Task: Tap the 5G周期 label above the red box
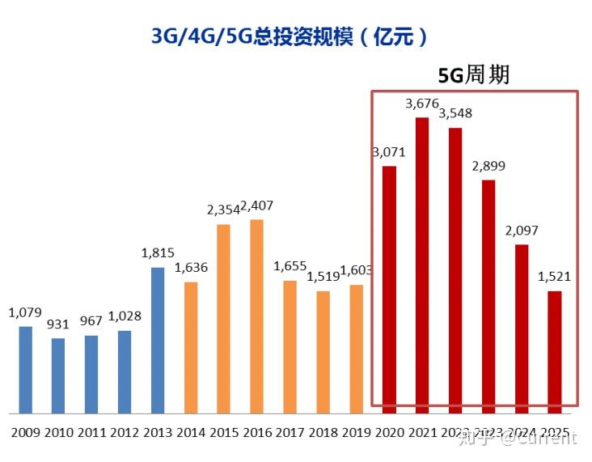473,75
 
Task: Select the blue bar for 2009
25,369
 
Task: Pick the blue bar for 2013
158,340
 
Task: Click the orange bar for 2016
256,316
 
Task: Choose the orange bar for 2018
323,351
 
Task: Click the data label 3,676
422,103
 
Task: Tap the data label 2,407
256,206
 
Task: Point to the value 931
58,324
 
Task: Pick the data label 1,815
158,252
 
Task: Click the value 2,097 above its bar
522,231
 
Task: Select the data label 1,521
554,277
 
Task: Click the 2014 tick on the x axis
191,433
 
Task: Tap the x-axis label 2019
356,433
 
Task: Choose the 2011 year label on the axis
91,433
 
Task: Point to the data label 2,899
488,166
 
